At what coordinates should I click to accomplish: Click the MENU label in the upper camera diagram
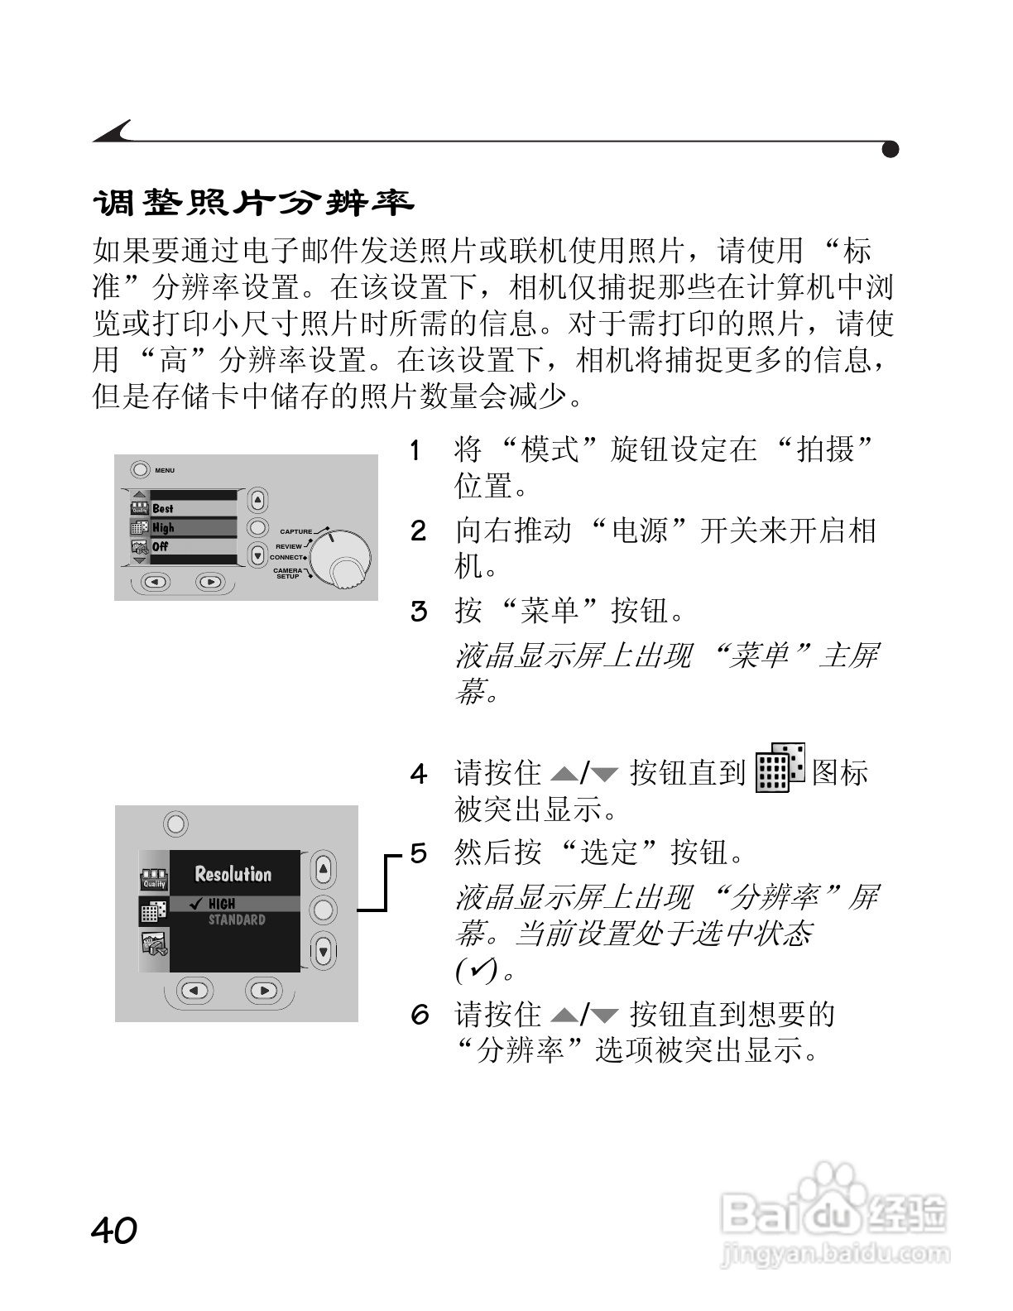[x=165, y=470]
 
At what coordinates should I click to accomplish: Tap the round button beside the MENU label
[x=140, y=470]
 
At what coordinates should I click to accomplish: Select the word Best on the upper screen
[x=163, y=508]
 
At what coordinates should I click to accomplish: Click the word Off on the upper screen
[x=160, y=547]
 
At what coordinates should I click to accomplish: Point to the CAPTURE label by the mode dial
[x=295, y=531]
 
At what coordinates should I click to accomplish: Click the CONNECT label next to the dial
[x=286, y=557]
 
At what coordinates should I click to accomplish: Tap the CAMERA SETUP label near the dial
[x=288, y=573]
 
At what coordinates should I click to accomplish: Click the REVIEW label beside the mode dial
[x=289, y=546]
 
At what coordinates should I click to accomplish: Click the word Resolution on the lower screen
[x=233, y=874]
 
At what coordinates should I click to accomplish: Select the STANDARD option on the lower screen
[x=237, y=920]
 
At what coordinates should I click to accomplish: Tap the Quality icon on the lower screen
[x=154, y=880]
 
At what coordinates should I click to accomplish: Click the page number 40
[x=114, y=1230]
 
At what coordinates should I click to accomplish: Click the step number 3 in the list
[x=420, y=612]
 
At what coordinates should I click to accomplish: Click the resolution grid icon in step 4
[x=780, y=767]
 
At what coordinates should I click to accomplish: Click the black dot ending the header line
[x=891, y=150]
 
